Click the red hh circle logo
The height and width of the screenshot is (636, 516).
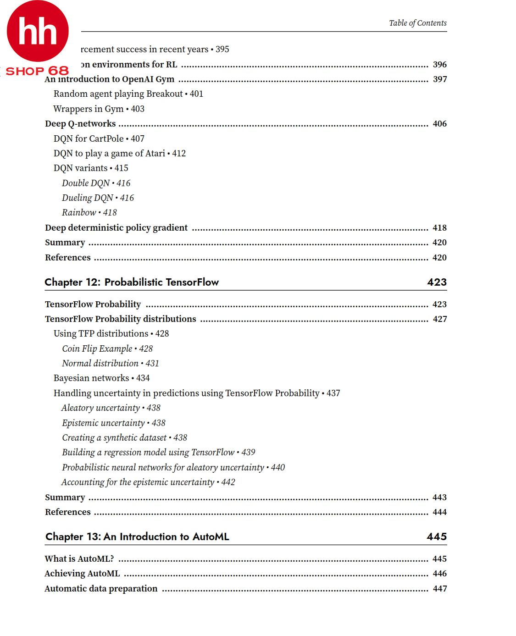[x=38, y=31]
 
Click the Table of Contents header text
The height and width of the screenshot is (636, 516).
[x=417, y=23]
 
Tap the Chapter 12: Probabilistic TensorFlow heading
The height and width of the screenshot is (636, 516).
[x=132, y=282]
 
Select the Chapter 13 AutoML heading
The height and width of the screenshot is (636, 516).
[x=137, y=536]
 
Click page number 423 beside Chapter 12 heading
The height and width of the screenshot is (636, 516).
[x=437, y=282]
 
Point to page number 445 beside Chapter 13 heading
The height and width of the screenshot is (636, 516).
[x=437, y=536]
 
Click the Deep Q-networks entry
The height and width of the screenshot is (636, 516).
[x=80, y=124]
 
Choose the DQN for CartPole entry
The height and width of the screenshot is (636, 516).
[x=99, y=138]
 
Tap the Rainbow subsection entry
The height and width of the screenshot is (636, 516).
[x=89, y=213]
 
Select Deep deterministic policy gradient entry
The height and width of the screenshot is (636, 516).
[x=116, y=228]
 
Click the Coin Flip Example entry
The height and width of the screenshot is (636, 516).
[x=107, y=348]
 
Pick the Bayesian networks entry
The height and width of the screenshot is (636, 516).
[x=101, y=378]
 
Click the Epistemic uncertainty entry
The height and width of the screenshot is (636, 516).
[x=113, y=423]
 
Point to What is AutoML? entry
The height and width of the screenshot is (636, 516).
[x=79, y=559]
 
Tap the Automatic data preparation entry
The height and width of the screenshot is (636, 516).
[x=101, y=589]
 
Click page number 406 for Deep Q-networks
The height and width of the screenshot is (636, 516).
[x=439, y=124]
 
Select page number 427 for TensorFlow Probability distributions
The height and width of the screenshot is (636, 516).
[x=439, y=319]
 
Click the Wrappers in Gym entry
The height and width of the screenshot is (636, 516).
[x=99, y=109]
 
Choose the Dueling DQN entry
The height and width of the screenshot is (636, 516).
[x=98, y=198]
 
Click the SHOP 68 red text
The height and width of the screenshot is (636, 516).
[x=37, y=71]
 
